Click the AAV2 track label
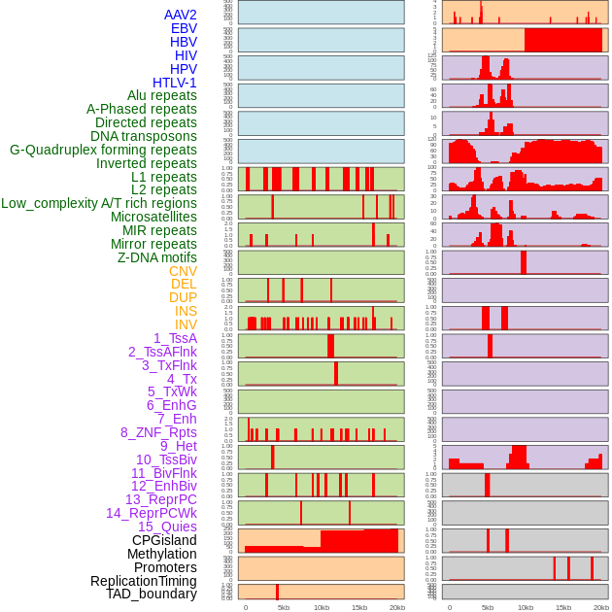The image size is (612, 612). click(180, 15)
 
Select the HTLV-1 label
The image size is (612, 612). click(174, 83)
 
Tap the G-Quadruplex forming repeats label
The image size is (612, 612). click(103, 150)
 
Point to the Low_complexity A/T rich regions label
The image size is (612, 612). click(99, 203)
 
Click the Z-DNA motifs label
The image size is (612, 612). click(156, 257)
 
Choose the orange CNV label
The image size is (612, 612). click(183, 271)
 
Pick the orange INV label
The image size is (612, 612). click(186, 324)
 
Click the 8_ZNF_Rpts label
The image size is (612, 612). click(158, 432)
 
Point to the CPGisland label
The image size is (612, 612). click(164, 540)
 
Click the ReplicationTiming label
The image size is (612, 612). click(143, 581)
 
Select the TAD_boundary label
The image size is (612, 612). click(151, 594)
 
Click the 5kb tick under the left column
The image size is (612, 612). click(284, 607)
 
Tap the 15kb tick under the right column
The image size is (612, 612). click(563, 607)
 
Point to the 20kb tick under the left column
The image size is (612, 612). click(396, 607)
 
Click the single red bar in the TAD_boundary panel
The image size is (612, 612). click(277, 592)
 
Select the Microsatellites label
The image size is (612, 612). click(153, 217)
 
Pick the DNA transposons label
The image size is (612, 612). click(143, 136)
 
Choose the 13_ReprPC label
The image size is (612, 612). click(160, 499)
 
